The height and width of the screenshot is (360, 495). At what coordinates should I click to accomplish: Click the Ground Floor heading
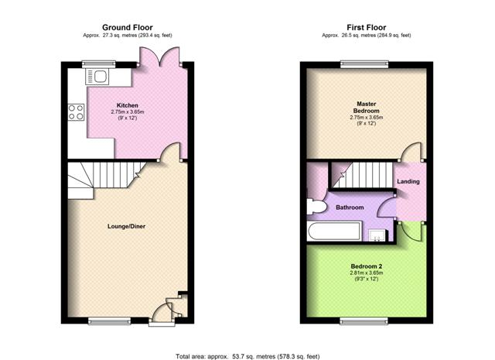127,28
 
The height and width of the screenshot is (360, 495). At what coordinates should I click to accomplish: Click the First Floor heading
366,28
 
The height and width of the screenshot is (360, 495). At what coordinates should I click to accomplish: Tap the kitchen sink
97,77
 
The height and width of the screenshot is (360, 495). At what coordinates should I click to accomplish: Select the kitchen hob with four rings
76,112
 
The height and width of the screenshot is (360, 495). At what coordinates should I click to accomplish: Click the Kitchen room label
127,105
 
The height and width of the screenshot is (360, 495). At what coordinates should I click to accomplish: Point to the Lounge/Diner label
126,226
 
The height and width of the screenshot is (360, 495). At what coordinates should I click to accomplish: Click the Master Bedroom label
366,107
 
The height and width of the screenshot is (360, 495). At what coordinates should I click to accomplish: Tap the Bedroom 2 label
366,266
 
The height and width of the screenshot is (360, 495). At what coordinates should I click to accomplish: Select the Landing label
408,181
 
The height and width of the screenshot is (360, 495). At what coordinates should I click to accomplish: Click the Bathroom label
350,207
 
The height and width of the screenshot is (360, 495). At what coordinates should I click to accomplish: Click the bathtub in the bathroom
333,231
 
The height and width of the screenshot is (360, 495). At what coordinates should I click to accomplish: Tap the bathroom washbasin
377,236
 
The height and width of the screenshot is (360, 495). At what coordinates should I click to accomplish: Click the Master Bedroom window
364,64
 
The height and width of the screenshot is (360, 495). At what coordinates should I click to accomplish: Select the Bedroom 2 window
364,321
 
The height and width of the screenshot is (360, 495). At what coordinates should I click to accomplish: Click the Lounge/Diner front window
109,321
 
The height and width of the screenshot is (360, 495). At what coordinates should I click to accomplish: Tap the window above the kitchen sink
99,64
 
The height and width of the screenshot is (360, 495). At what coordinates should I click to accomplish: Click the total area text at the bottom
247,357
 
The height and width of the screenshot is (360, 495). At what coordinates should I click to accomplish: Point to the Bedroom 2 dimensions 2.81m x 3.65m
366,273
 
